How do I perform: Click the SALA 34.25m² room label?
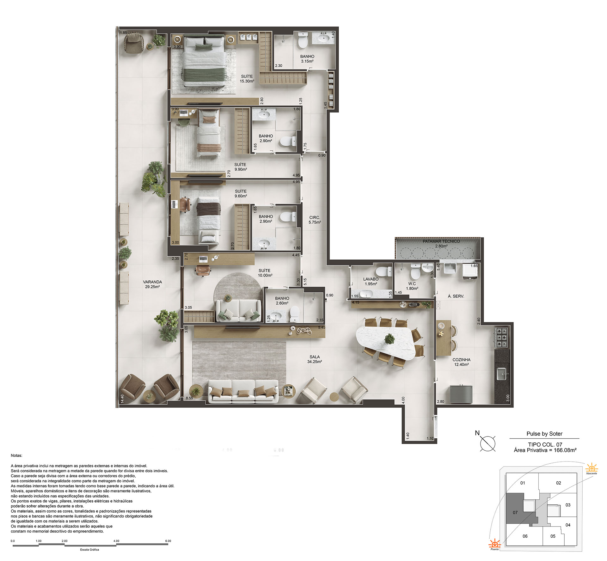pyautogui.click(x=314, y=359)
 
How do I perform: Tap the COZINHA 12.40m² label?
pyautogui.click(x=461, y=362)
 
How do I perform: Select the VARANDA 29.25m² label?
pyautogui.click(x=152, y=284)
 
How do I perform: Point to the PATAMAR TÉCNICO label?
pyautogui.click(x=441, y=241)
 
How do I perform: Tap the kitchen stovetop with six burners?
pyautogui.click(x=502, y=338)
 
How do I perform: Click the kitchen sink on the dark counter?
pyautogui.click(x=502, y=374)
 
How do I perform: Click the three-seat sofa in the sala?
pyautogui.click(x=243, y=391)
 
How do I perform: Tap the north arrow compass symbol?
pyautogui.click(x=487, y=443)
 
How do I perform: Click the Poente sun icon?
pyautogui.click(x=495, y=545)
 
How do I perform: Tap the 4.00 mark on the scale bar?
pyautogui.click(x=116, y=541)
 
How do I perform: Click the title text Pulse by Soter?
pyautogui.click(x=544, y=434)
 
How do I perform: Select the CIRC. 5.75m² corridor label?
pyautogui.click(x=315, y=220)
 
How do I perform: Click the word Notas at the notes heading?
pyautogui.click(x=16, y=455)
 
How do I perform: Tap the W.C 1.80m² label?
pyautogui.click(x=412, y=286)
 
